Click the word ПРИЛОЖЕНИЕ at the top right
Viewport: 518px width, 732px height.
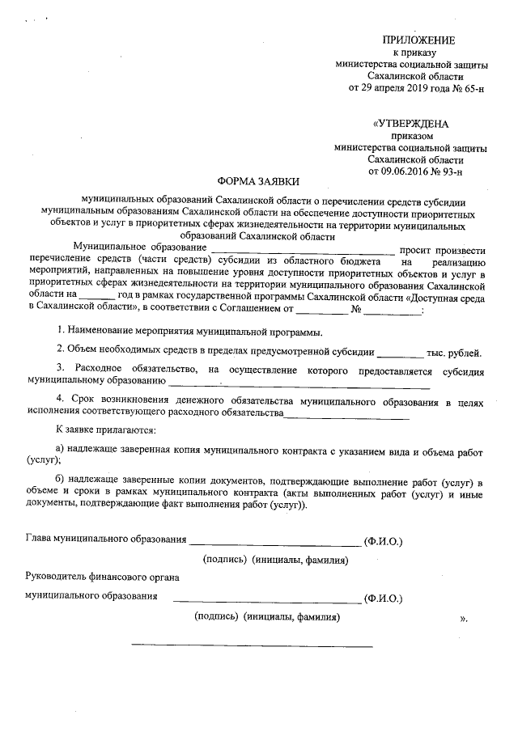click(x=418, y=40)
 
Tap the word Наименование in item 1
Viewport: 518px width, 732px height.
click(x=102, y=332)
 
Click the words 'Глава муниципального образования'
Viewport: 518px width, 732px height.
click(x=106, y=539)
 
